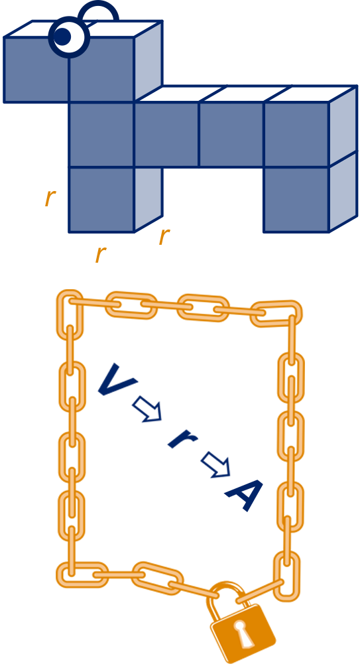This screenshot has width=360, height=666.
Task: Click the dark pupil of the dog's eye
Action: point(63,37)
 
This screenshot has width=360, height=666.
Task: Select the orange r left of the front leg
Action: point(50,198)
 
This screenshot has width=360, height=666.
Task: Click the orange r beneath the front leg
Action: point(100,254)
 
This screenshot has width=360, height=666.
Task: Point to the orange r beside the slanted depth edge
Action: point(164,236)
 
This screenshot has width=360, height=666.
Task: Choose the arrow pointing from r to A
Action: point(215,464)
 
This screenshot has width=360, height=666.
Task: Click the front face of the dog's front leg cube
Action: point(102,200)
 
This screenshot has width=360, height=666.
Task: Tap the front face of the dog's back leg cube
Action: point(296,200)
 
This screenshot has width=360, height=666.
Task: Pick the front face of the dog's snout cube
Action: point(36,70)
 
